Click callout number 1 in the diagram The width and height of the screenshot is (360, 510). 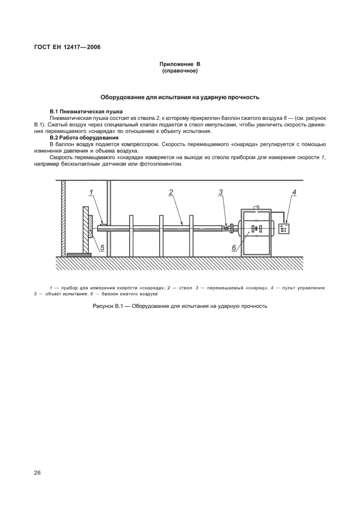pyautogui.click(x=92, y=192)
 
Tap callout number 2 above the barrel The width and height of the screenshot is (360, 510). pyautogui.click(x=171, y=192)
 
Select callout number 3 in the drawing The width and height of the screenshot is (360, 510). pyautogui.click(x=221, y=192)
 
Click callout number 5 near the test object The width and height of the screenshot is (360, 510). pyautogui.click(x=102, y=247)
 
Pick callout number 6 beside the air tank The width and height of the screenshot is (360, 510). pyautogui.click(x=234, y=247)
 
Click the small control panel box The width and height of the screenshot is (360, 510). pyautogui.click(x=283, y=229)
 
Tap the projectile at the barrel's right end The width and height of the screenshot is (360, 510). pyautogui.click(x=225, y=229)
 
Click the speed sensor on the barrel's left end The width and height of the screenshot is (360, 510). pyautogui.click(x=102, y=223)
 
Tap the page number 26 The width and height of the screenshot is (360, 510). pyautogui.click(x=38, y=472)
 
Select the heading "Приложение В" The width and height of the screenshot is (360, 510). pyautogui.click(x=180, y=64)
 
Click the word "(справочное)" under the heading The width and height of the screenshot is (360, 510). pyautogui.click(x=180, y=71)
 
